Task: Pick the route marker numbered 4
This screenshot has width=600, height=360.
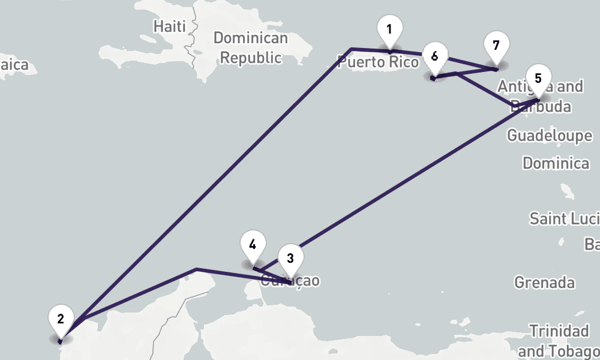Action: [253, 245]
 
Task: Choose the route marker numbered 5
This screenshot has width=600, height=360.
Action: [538, 79]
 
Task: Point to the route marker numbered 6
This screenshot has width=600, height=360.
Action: [434, 58]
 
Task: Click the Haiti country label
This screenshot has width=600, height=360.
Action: [169, 26]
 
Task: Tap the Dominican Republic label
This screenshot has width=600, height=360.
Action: [250, 48]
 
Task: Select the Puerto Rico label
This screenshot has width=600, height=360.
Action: [377, 62]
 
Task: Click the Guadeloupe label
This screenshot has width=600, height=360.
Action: [549, 136]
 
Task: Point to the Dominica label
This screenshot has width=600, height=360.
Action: [556, 163]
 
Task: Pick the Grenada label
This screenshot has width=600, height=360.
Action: [544, 282]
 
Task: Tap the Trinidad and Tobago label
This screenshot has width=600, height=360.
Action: [558, 340]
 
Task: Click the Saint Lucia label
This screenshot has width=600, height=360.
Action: [564, 218]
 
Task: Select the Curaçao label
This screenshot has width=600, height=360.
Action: [291, 281]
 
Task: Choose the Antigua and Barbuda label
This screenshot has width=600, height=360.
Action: [540, 97]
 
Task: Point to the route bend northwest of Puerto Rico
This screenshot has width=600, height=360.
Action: [351, 48]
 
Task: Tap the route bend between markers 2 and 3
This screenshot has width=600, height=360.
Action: [196, 269]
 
